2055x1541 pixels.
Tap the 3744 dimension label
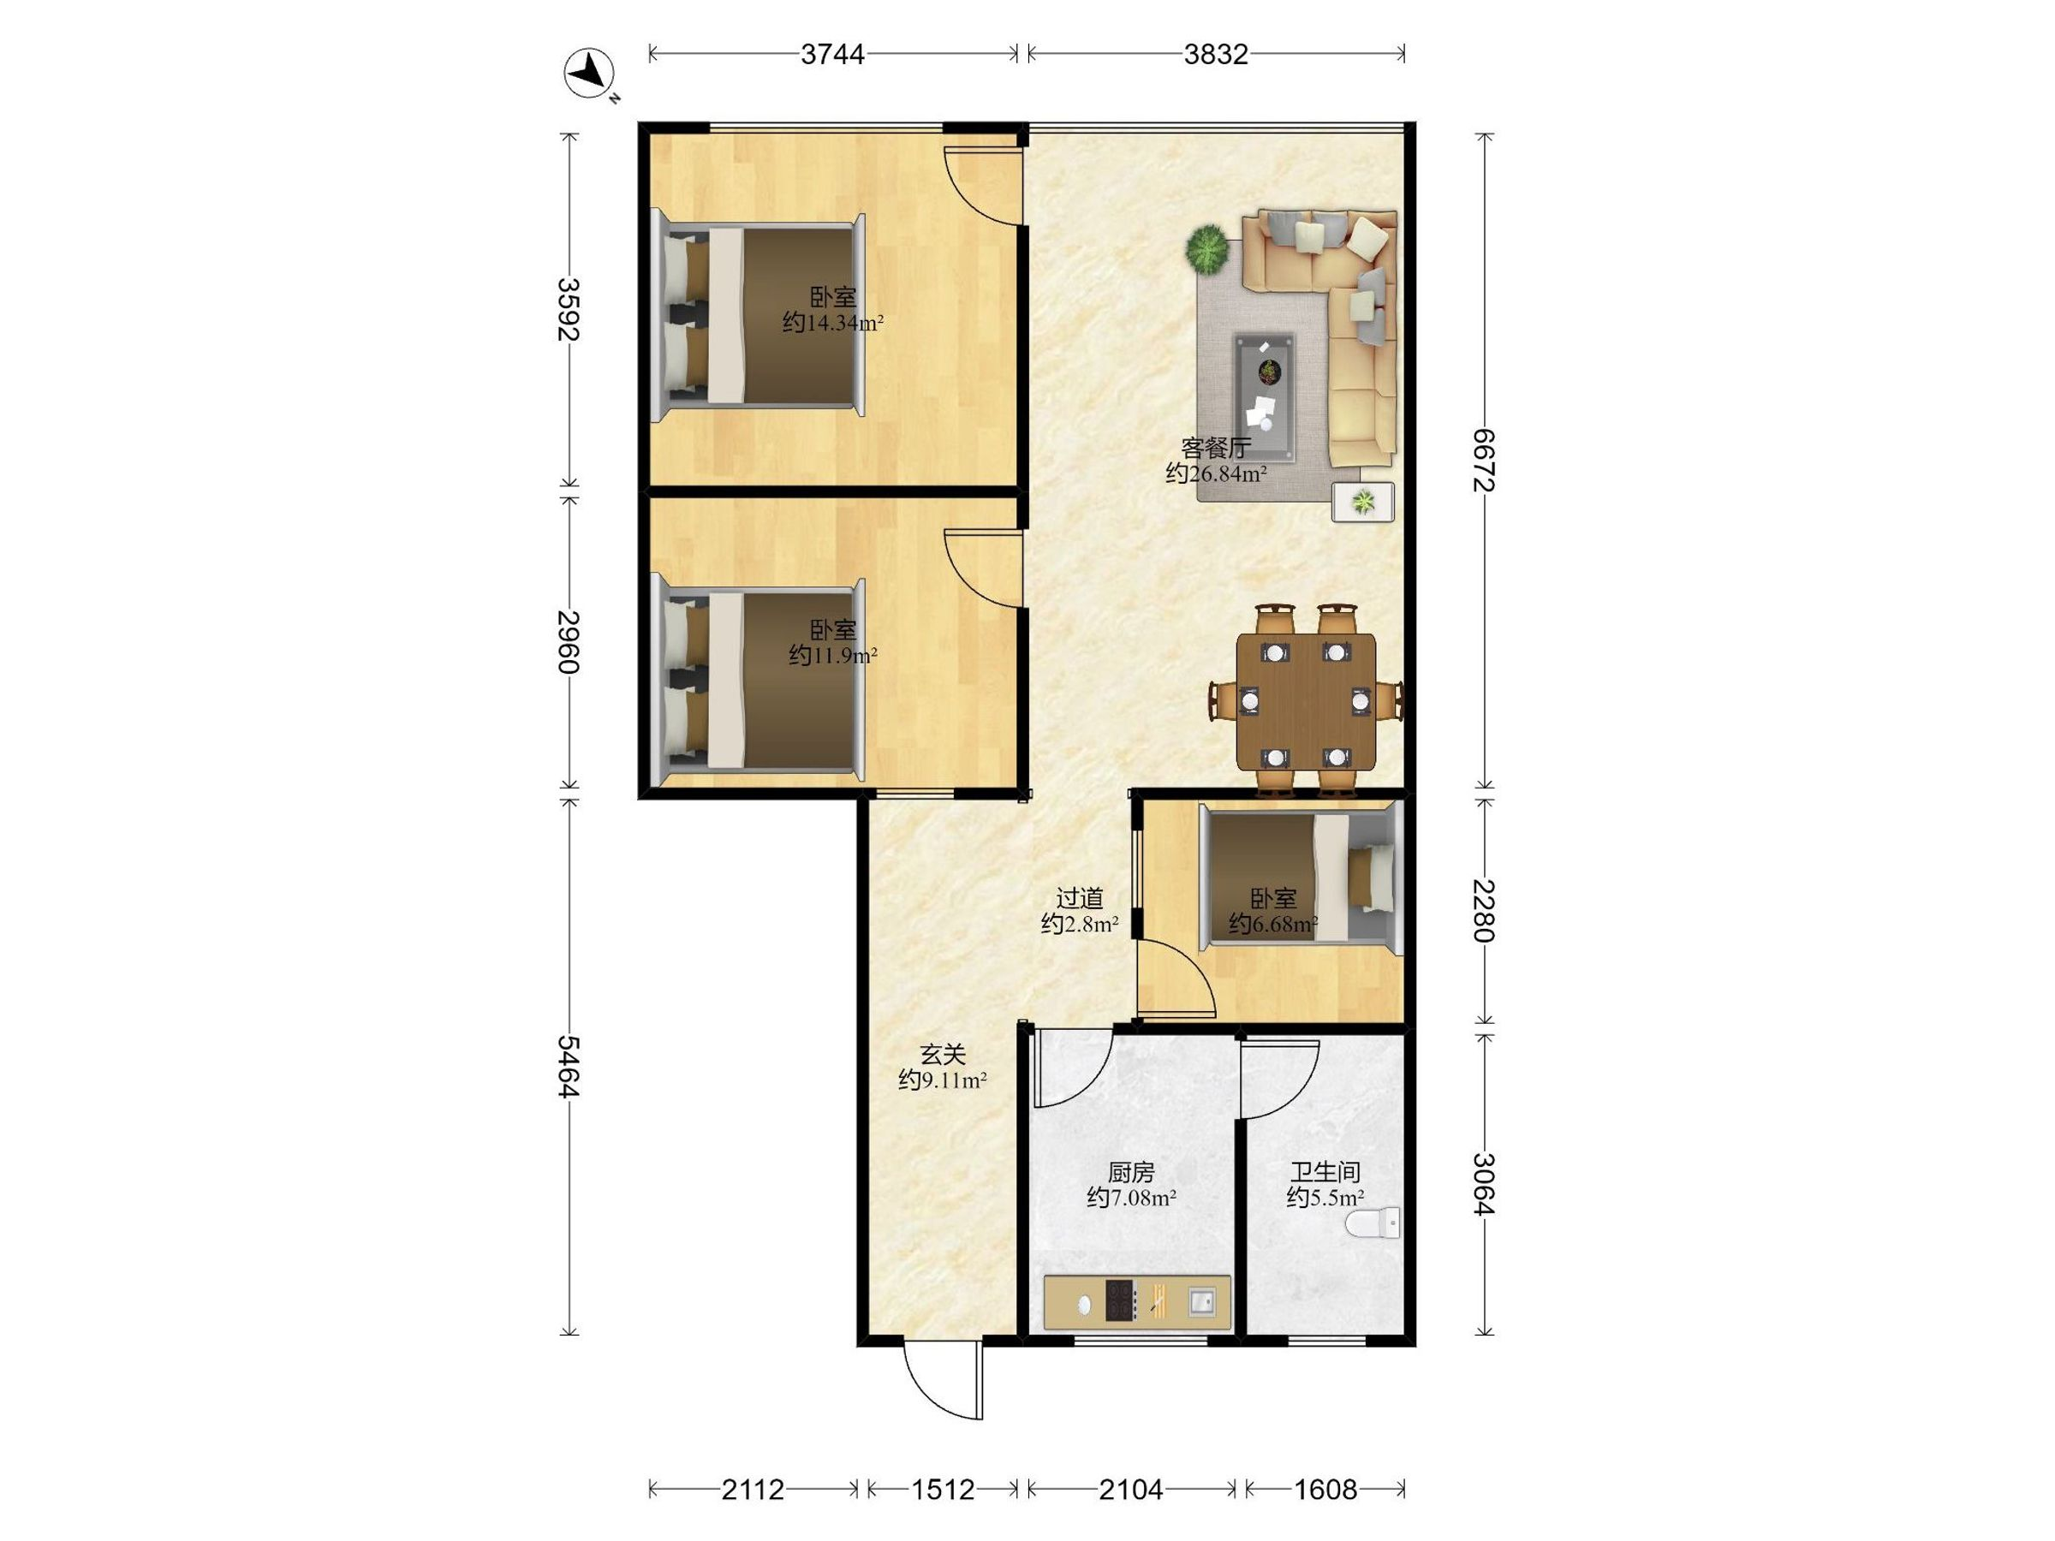(x=832, y=55)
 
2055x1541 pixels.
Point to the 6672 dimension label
(x=1485, y=461)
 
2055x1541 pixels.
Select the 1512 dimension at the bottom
(x=943, y=1490)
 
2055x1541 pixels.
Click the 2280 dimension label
(x=1485, y=910)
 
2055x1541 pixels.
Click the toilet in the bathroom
(x=1374, y=1223)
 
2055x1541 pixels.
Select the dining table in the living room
(x=1305, y=702)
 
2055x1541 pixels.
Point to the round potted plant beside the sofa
(x=1206, y=250)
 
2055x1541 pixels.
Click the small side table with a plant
(x=1363, y=503)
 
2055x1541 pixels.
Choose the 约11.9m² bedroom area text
(x=832, y=656)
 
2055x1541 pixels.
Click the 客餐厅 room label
(x=1216, y=449)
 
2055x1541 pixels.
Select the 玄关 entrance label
(x=943, y=1056)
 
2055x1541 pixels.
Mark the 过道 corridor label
(x=1080, y=899)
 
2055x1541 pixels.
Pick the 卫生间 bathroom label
(x=1325, y=1173)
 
